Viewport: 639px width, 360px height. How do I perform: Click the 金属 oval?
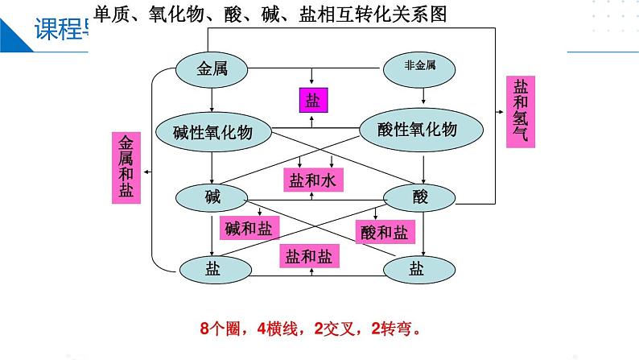click(x=212, y=69)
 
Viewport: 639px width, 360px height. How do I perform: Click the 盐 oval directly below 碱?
click(x=212, y=269)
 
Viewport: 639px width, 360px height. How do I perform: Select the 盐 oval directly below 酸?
click(x=416, y=269)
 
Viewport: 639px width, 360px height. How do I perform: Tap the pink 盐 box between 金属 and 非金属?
click(x=312, y=101)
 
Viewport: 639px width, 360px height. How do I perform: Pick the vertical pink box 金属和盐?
click(x=127, y=168)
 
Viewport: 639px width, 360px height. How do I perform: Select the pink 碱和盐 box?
click(x=249, y=228)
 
